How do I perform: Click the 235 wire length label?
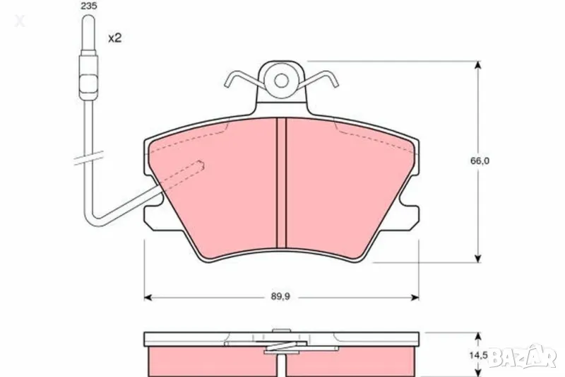pos(89,6)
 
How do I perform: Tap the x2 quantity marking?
pos(115,37)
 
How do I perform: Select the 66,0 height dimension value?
pos(480,161)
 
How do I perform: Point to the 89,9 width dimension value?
pos(280,296)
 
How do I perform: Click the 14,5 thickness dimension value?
pos(478,355)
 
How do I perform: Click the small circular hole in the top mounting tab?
pos(281,81)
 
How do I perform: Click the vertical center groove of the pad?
pos(281,183)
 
